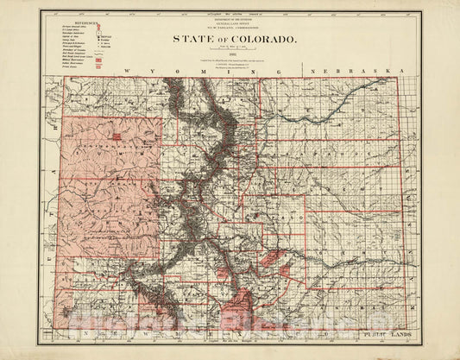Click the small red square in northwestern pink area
(115, 136)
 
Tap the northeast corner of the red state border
(398, 78)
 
